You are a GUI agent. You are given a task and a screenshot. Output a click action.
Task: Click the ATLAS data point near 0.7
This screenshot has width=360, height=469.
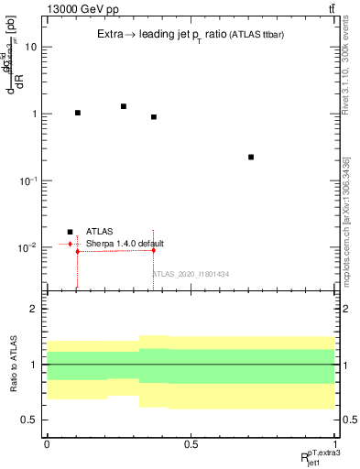(x=251, y=158)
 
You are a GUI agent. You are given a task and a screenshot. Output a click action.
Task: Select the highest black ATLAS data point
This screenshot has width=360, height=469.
(x=124, y=106)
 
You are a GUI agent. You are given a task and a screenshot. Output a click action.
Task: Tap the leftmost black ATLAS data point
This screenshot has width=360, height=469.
(x=78, y=113)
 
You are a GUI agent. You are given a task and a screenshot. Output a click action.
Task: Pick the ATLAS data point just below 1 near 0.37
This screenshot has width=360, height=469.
(x=154, y=117)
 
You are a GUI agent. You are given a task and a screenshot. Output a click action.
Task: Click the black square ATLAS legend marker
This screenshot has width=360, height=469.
(x=70, y=232)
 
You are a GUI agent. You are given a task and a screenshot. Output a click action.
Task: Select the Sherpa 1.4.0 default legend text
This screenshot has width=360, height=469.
(x=125, y=244)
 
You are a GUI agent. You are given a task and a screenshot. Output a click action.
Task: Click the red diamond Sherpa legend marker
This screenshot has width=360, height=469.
(x=70, y=244)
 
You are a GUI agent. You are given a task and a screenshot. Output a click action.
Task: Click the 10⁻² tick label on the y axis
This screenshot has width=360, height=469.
(x=27, y=248)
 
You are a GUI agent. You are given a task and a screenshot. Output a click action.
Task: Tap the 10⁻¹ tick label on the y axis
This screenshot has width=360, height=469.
(x=27, y=181)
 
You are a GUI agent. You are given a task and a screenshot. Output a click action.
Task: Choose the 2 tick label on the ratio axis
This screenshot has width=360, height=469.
(x=34, y=309)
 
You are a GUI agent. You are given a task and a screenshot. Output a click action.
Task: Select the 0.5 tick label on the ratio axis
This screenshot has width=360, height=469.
(x=30, y=420)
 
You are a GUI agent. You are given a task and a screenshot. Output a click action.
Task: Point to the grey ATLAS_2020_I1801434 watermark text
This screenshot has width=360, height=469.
(x=191, y=274)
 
